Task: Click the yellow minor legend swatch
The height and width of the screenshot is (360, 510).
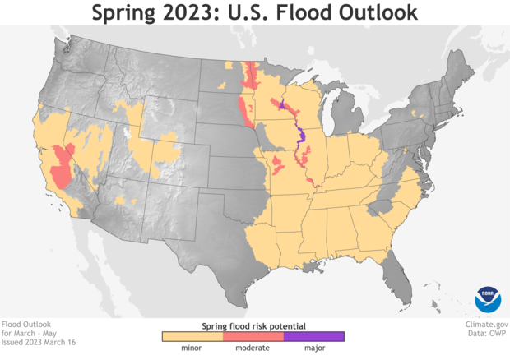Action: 192,335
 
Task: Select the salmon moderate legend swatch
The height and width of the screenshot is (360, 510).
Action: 253,335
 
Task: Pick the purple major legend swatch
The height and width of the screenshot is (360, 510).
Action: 313,335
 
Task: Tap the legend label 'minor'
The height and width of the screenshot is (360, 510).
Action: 192,348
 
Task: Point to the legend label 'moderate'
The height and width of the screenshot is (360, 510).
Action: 253,348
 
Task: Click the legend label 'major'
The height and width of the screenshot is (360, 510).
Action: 313,348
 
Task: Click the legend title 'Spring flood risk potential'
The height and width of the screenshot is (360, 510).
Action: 253,325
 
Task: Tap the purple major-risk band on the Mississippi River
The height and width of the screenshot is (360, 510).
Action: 300,140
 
